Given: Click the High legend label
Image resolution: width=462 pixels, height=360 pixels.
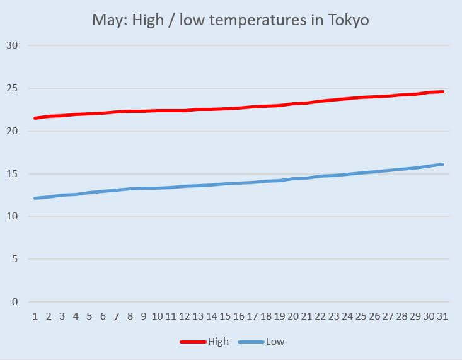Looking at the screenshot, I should point(217,342).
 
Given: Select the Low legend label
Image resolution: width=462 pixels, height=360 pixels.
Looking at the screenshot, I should point(275,342).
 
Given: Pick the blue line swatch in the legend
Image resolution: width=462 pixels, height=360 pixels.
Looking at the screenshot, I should point(251,342).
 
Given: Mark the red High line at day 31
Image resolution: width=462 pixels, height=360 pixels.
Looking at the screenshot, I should point(442,91).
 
